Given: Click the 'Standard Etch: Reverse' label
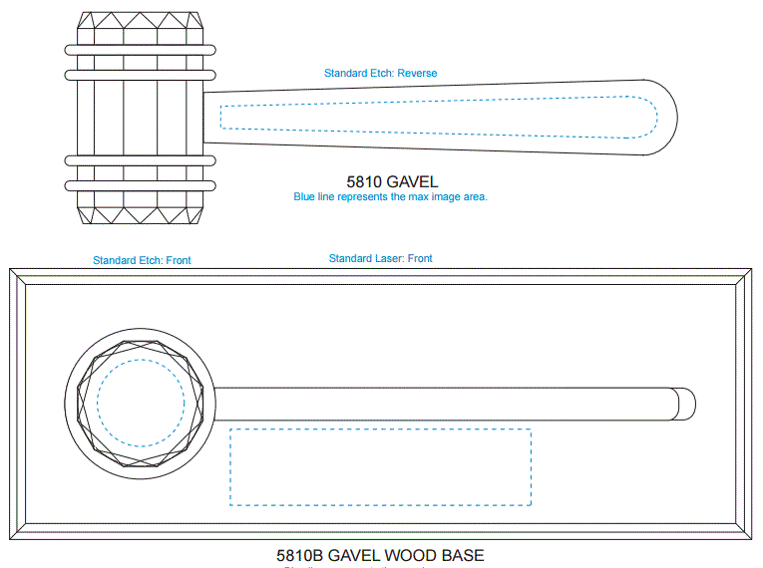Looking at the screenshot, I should [x=380, y=73].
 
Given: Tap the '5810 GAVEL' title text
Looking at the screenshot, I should [x=392, y=182].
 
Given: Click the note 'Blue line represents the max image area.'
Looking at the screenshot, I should [x=390, y=197].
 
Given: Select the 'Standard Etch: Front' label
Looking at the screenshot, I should [x=142, y=260].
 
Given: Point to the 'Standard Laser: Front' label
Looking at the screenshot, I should [x=381, y=259].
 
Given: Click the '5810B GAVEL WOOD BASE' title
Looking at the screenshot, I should [x=380, y=555].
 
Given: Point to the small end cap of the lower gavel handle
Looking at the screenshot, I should [x=685, y=405].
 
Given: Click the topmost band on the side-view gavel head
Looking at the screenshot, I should [x=140, y=48].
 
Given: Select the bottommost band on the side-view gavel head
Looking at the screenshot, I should [x=140, y=185].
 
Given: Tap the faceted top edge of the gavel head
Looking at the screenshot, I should [x=140, y=28].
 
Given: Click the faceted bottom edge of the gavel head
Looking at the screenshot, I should [x=140, y=212].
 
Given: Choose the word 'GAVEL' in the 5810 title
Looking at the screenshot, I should [x=411, y=182].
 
